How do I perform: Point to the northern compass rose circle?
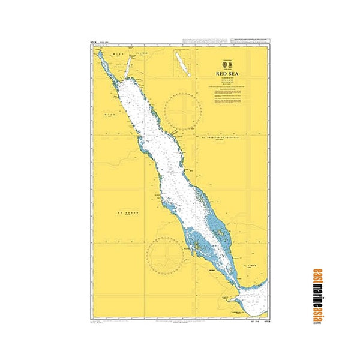[182, 110]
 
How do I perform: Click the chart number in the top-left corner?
[93, 42]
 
